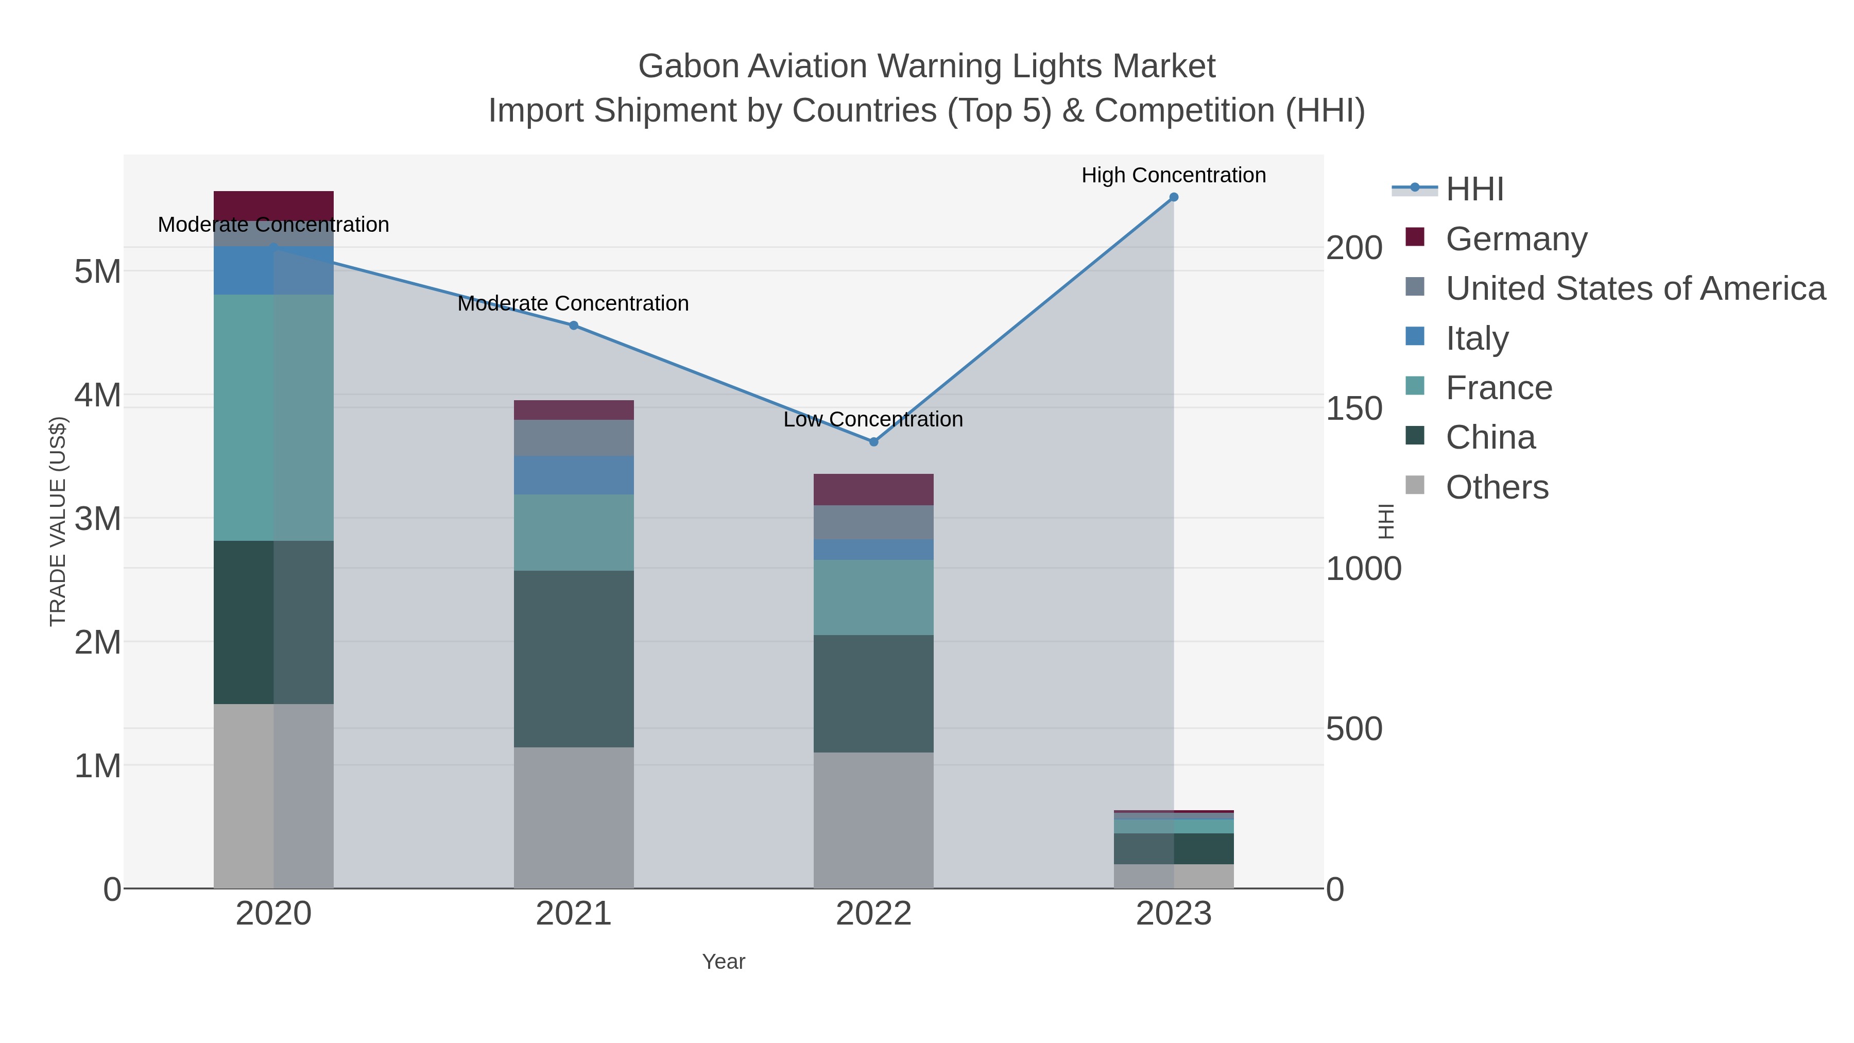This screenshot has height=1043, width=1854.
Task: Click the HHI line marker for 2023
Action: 1173,197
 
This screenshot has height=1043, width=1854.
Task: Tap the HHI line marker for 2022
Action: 874,442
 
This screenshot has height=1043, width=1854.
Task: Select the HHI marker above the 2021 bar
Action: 574,326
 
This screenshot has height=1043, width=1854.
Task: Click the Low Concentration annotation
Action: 872,420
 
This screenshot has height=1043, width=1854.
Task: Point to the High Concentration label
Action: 1173,176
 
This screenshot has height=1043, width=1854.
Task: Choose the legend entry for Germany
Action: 1516,239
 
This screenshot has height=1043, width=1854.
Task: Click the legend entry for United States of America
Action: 1634,288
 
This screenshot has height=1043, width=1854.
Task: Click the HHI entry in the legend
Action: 1474,190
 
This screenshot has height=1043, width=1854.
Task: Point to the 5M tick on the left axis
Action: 98,272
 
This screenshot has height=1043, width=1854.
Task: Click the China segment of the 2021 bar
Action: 574,659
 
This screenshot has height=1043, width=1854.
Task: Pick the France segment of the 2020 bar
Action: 273,418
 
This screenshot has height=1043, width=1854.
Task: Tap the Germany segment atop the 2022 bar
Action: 873,489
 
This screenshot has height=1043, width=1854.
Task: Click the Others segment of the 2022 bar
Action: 873,820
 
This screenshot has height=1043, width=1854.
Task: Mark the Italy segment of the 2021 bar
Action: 574,475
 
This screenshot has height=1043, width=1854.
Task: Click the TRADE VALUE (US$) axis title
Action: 58,521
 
